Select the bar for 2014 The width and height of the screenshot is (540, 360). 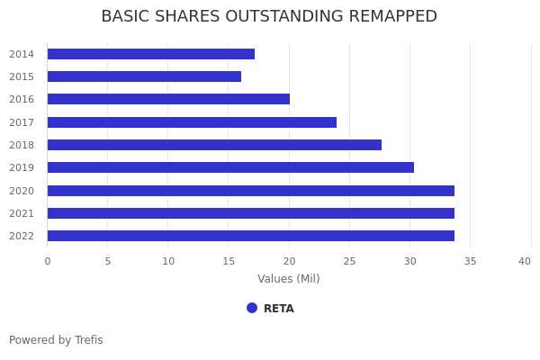pyautogui.click(x=150, y=54)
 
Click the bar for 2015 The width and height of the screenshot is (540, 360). pyautogui.click(x=144, y=76)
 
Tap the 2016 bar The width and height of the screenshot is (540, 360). pyautogui.click(x=168, y=99)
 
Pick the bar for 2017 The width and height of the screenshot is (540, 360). pyautogui.click(x=192, y=122)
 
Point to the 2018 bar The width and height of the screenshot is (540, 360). pyautogui.click(x=214, y=145)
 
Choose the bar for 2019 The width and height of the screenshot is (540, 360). pyautogui.click(x=230, y=167)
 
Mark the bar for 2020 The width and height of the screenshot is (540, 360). pyautogui.click(x=250, y=191)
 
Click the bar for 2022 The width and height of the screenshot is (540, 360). pyautogui.click(x=250, y=236)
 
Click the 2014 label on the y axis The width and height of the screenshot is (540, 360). pyautogui.click(x=22, y=54)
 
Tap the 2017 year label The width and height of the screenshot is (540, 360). pyautogui.click(x=22, y=122)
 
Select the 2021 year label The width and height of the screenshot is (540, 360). pyautogui.click(x=22, y=213)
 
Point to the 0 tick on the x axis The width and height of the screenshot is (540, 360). pyautogui.click(x=48, y=261)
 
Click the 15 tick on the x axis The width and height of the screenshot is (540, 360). pyautogui.click(x=229, y=261)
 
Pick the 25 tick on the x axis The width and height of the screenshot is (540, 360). pyautogui.click(x=349, y=261)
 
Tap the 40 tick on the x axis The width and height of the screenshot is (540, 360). pyautogui.click(x=524, y=261)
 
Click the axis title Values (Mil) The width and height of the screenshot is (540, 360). pyautogui.click(x=288, y=279)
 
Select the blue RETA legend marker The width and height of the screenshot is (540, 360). pyautogui.click(x=252, y=308)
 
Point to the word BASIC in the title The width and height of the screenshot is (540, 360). pyautogui.click(x=125, y=17)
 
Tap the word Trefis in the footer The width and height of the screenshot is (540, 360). pyautogui.click(x=88, y=340)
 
